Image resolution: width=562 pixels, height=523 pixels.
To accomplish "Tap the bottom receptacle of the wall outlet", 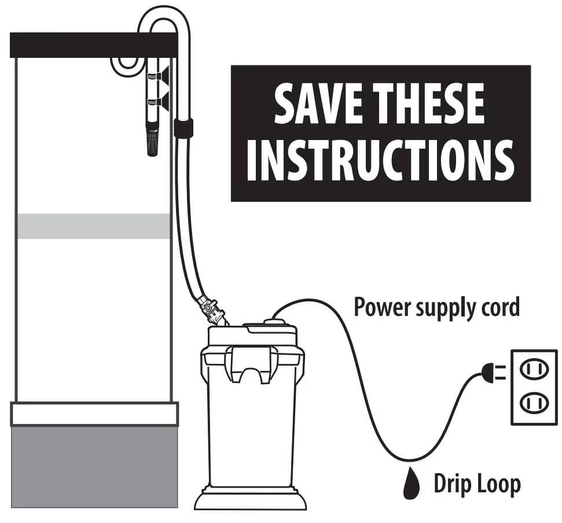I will point(533,402).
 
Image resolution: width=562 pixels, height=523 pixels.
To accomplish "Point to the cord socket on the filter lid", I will point(274,318).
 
